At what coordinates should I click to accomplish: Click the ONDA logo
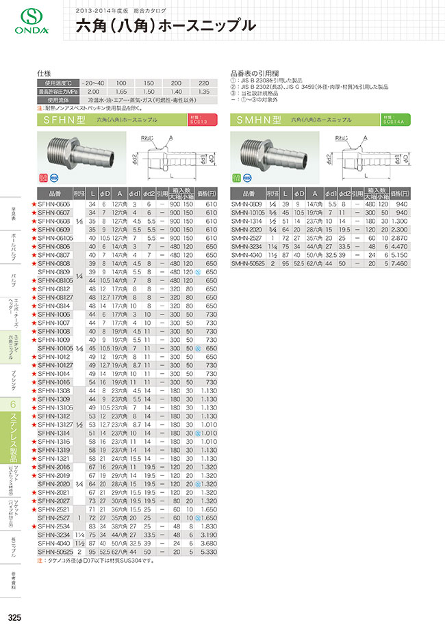pyautogui.click(x=23, y=22)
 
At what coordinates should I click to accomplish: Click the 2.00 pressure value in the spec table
pyautogui.click(x=94, y=90)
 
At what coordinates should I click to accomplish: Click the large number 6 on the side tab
pyautogui.click(x=13, y=405)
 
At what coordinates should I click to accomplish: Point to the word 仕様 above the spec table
pyautogui.click(x=44, y=72)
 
